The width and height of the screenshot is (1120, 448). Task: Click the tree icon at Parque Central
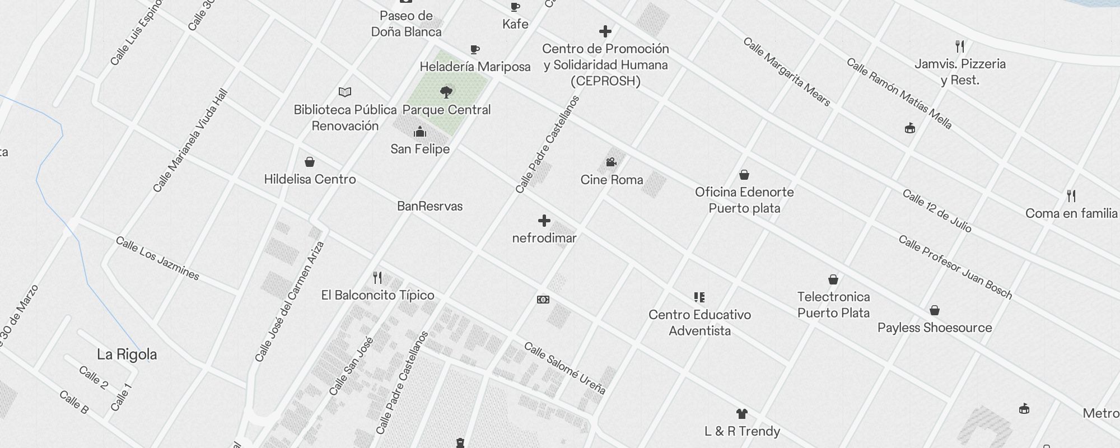446,92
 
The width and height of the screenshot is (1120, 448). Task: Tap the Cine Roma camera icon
611,162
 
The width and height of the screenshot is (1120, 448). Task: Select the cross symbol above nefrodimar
544,221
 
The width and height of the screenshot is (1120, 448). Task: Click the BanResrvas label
430,206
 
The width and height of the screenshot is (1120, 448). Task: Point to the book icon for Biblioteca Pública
345,92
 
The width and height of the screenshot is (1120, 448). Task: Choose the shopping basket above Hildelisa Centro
310,162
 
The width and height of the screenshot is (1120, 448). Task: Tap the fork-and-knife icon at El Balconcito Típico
377,278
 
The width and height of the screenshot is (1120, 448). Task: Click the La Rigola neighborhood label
127,354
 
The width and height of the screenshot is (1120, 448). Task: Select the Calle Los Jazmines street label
157,258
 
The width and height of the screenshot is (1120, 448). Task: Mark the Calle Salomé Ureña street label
564,368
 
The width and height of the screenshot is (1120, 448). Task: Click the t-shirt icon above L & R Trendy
742,414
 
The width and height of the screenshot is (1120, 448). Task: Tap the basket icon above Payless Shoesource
934,310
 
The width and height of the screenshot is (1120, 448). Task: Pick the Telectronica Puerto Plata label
833,305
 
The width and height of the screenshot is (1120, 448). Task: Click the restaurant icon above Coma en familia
1071,196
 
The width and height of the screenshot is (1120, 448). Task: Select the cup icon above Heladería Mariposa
475,50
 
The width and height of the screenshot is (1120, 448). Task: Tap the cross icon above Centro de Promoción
605,31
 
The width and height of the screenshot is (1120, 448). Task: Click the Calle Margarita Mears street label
786,72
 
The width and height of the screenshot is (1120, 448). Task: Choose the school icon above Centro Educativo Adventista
699,297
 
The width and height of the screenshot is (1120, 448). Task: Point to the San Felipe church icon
419,132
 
